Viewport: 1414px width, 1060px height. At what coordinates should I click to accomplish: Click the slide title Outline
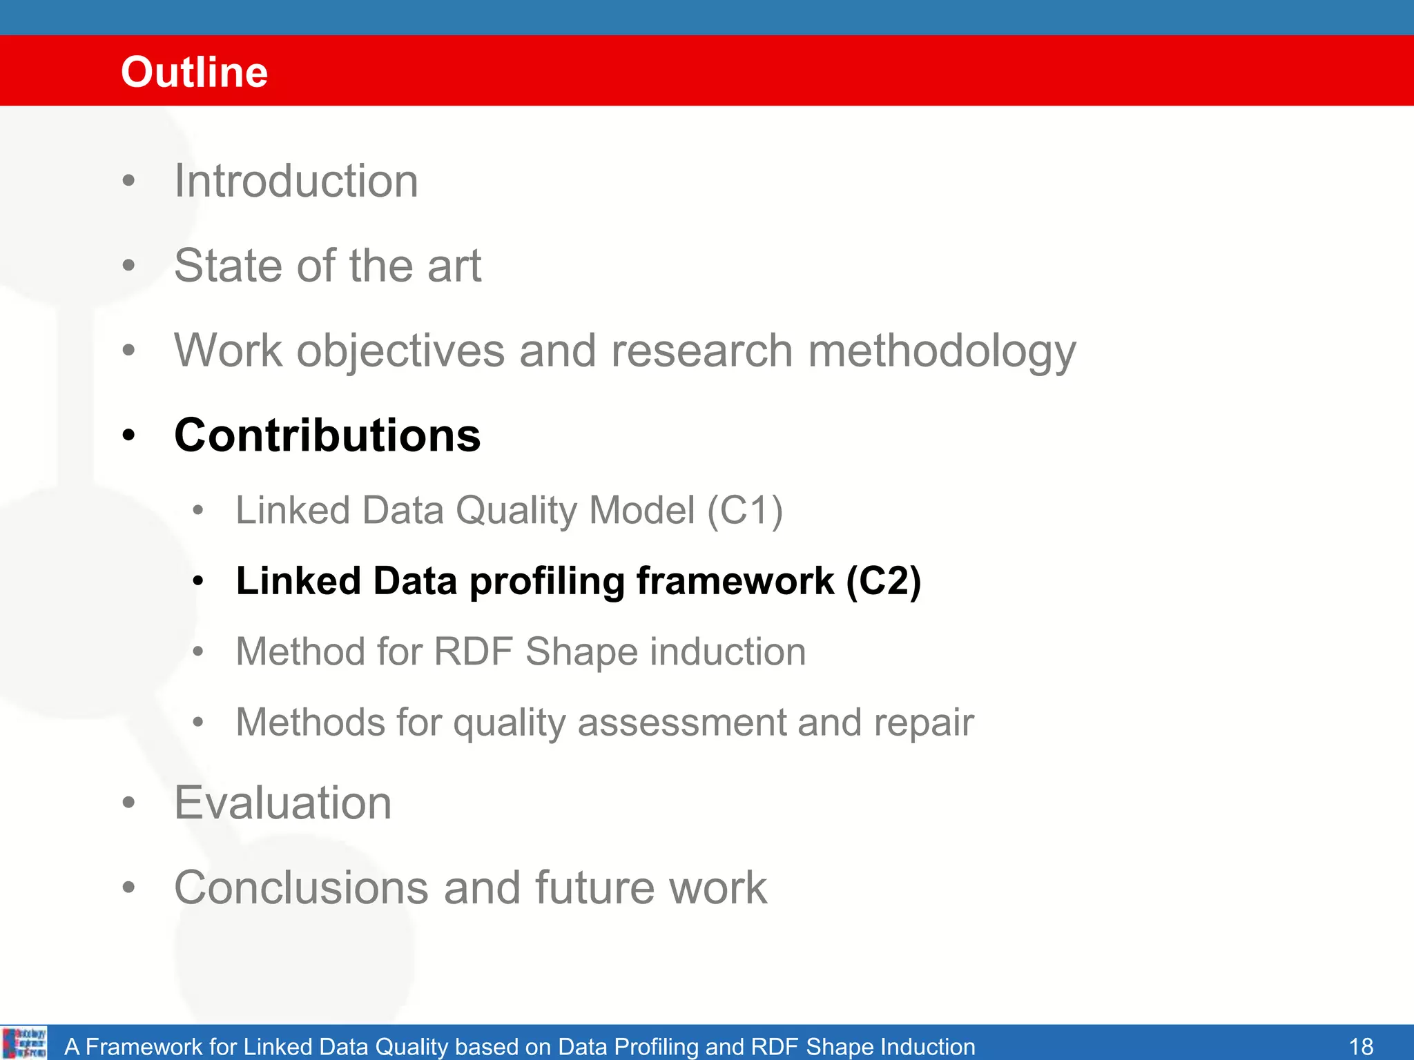(x=194, y=72)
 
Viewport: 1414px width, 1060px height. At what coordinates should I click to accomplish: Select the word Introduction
(x=296, y=181)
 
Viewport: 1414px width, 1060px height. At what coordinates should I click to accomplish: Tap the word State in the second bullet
(x=228, y=266)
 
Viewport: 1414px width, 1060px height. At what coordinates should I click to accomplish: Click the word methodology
(x=942, y=351)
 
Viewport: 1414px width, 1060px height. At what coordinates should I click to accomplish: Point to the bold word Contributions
(x=327, y=435)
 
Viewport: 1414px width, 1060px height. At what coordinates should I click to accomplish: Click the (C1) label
(x=745, y=511)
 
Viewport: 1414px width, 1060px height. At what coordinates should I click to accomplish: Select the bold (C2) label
(x=883, y=581)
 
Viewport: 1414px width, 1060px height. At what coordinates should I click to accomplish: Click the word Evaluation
(x=283, y=803)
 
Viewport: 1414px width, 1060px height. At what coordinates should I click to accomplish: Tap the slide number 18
(x=1361, y=1046)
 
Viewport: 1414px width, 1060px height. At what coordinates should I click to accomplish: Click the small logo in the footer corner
(x=24, y=1043)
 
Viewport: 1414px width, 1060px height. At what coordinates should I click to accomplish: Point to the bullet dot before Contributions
(x=128, y=436)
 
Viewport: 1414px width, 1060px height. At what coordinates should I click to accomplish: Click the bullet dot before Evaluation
(x=128, y=803)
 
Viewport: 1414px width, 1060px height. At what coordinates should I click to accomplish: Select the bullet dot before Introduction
(x=128, y=181)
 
